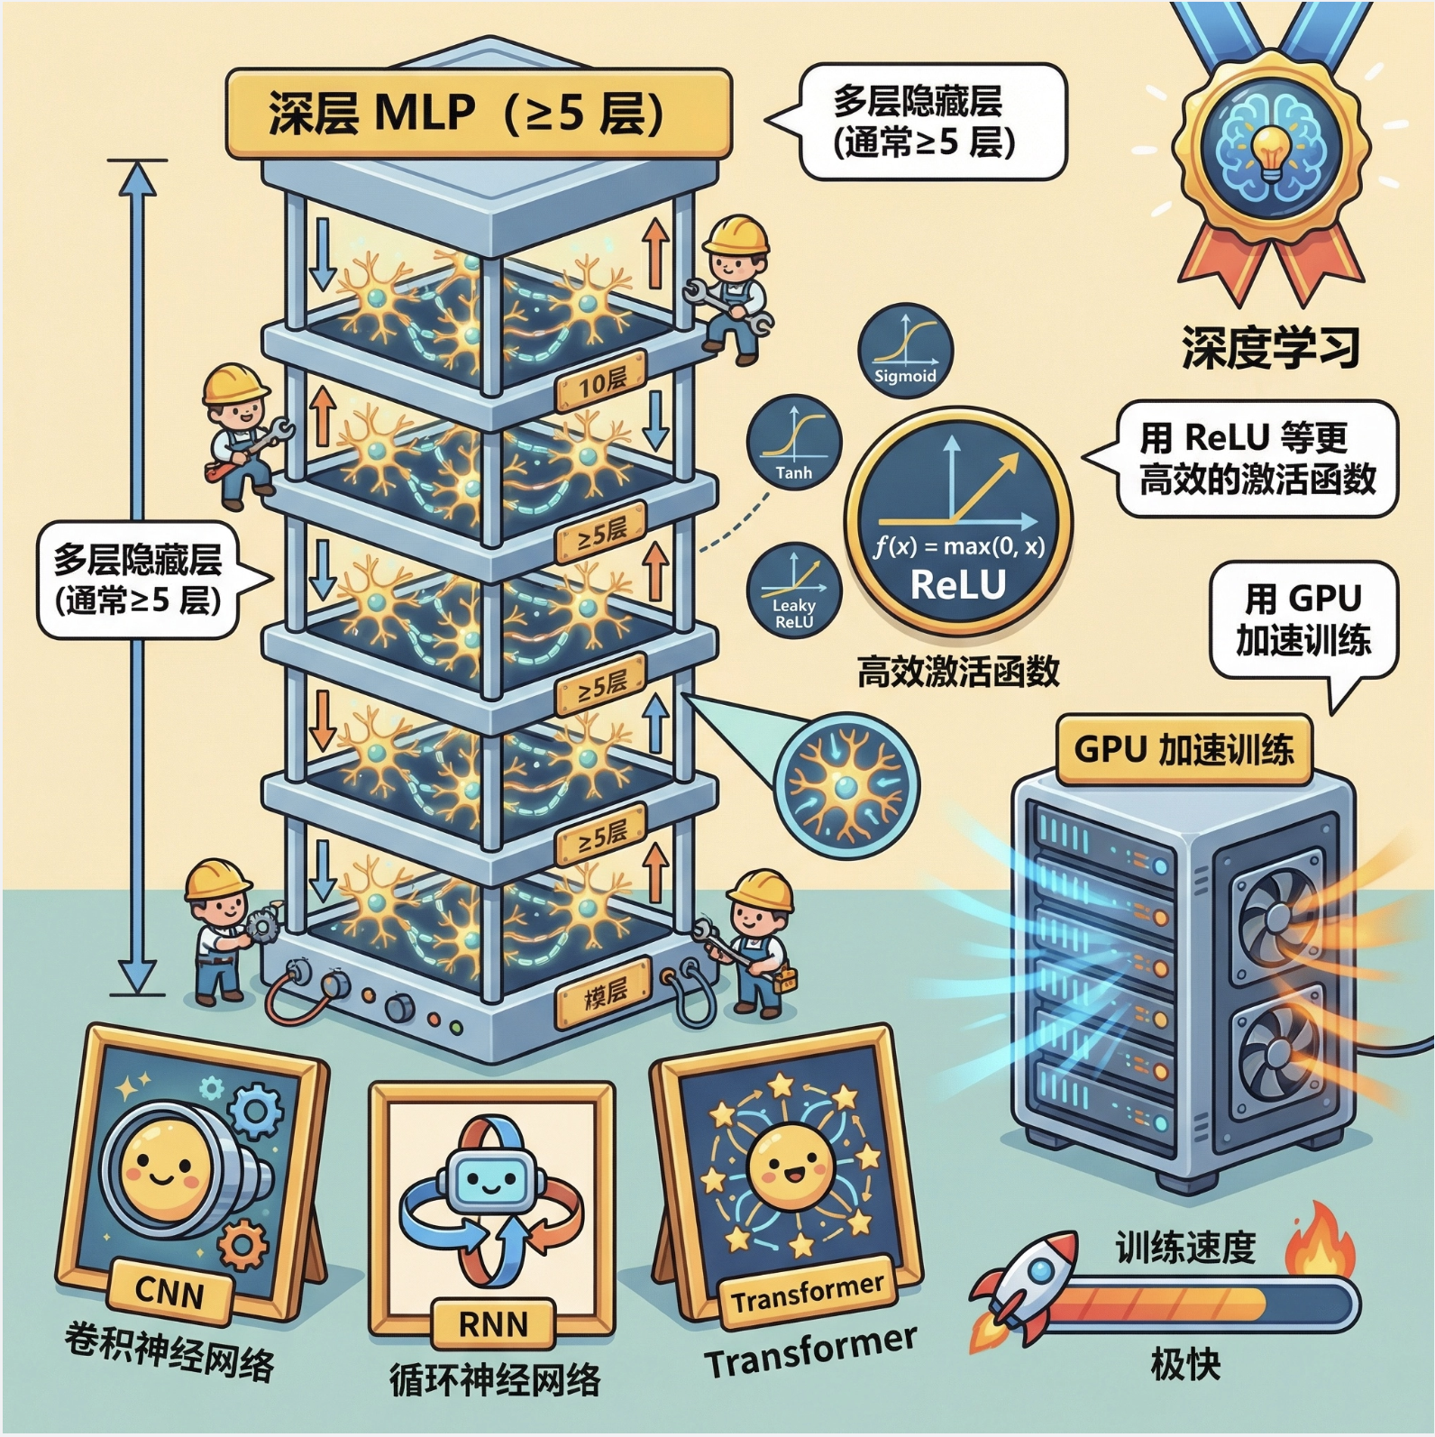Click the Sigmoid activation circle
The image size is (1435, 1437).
905,348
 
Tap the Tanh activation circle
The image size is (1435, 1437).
793,444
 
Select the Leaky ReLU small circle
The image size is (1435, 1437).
793,590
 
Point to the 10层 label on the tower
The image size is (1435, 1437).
601,384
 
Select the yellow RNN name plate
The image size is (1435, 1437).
492,1323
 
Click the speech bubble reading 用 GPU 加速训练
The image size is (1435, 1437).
1303,619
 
